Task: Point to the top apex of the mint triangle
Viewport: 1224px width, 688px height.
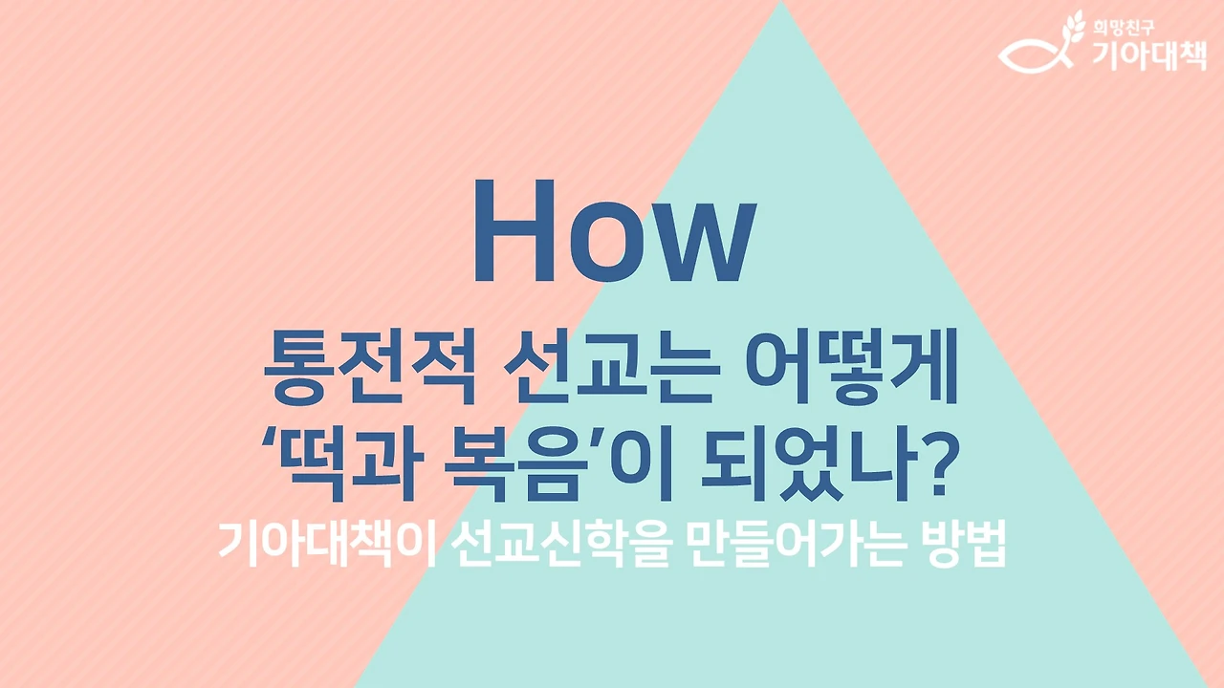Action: click(x=781, y=4)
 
